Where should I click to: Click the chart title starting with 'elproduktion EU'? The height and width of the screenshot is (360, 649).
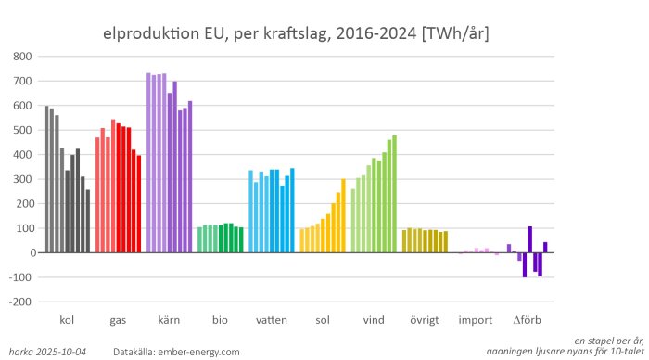(296, 34)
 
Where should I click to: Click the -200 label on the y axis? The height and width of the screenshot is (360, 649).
(21, 302)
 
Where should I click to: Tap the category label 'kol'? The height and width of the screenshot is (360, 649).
(67, 320)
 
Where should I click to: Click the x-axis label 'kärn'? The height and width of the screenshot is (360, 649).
(169, 320)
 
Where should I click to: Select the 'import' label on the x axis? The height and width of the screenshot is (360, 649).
(475, 320)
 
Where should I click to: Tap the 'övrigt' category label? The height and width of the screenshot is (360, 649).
(424, 320)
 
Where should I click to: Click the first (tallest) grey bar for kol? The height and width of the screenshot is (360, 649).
(46, 179)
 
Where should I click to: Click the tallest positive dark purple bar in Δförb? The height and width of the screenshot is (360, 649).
(530, 238)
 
